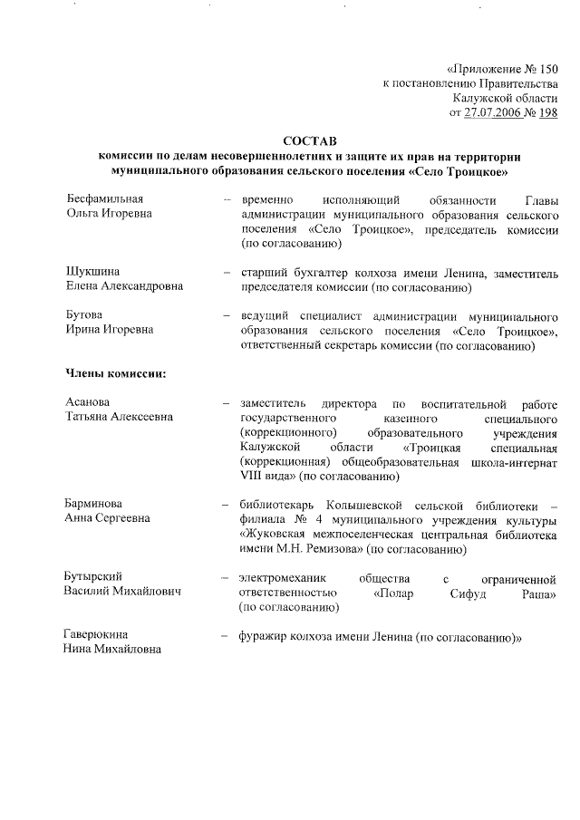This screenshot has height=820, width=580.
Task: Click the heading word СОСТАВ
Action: tap(309, 142)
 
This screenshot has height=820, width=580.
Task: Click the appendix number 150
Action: tap(548, 70)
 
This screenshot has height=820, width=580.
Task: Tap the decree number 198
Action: tap(548, 113)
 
